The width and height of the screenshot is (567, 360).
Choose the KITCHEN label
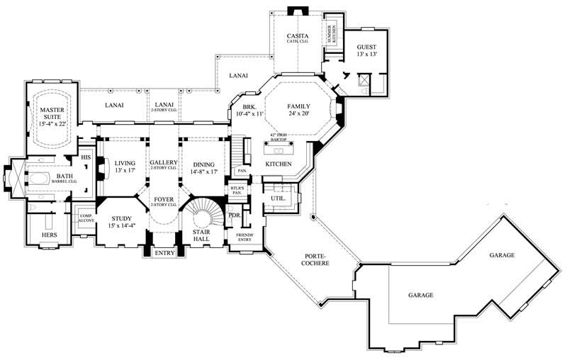279,164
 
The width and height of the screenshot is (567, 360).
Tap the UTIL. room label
279,198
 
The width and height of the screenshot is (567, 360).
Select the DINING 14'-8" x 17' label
204,167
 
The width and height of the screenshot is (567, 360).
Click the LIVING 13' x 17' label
124,167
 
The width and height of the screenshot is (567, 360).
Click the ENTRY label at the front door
164,253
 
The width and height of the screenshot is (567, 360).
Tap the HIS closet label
86,157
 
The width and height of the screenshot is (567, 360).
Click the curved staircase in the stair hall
204,213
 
